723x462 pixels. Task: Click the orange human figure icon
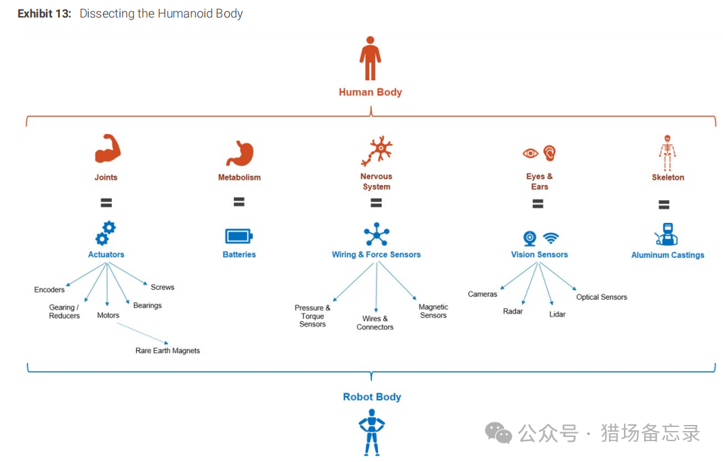pyautogui.click(x=370, y=59)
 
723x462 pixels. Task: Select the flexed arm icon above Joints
pyautogui.click(x=107, y=149)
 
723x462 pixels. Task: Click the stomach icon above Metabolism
pyautogui.click(x=239, y=154)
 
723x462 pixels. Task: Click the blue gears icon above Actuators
pyautogui.click(x=106, y=233)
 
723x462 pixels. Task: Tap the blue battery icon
pyautogui.click(x=239, y=236)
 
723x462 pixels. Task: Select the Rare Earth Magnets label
pyautogui.click(x=168, y=351)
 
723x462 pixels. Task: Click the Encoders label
pyautogui.click(x=50, y=290)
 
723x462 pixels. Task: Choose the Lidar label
pyautogui.click(x=557, y=315)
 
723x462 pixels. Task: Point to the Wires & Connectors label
pyautogui.click(x=375, y=323)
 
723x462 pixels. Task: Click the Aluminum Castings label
pyautogui.click(x=668, y=255)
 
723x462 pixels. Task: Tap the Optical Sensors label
pyautogui.click(x=602, y=297)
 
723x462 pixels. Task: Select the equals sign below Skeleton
pyautogui.click(x=664, y=205)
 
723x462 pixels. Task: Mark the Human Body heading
pyautogui.click(x=370, y=92)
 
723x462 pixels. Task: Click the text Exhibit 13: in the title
pyautogui.click(x=44, y=13)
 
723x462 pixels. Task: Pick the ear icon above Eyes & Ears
pyautogui.click(x=550, y=153)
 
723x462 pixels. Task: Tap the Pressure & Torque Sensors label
pyautogui.click(x=313, y=316)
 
